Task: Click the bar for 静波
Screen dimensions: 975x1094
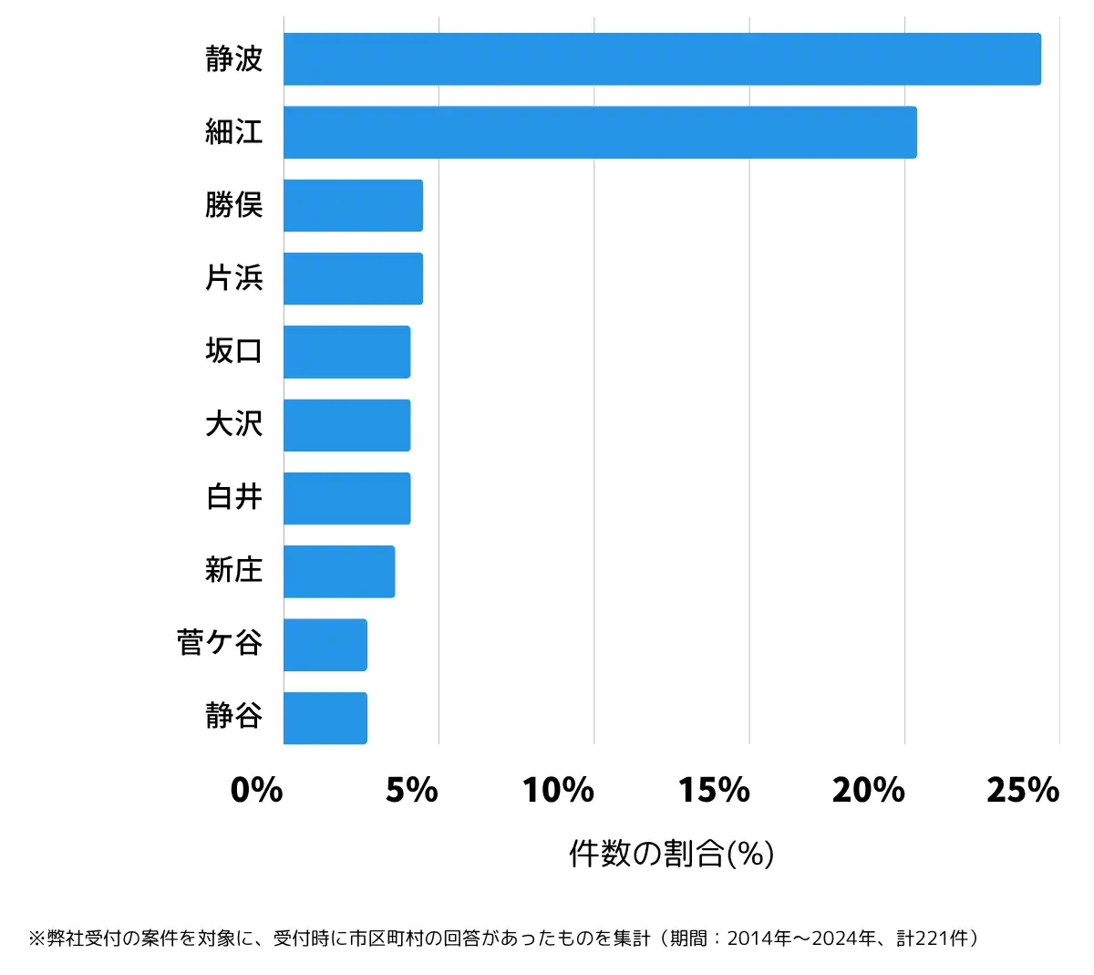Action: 662,59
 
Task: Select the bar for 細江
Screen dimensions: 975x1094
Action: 600,132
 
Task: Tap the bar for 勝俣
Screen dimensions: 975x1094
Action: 353,205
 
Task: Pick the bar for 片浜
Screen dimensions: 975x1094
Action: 353,278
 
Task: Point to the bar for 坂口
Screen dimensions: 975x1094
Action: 346,352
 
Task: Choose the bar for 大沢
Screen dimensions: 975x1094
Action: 346,425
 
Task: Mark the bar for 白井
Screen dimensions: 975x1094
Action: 346,498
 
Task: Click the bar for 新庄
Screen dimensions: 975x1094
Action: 339,572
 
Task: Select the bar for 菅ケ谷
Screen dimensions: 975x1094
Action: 325,645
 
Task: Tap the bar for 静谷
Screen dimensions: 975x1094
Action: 325,718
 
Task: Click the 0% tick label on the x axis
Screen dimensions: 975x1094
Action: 256,790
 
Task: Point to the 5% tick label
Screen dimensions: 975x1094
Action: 411,790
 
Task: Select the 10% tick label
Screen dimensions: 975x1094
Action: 558,790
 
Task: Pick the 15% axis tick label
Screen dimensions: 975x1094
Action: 714,790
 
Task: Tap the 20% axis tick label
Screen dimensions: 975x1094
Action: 869,790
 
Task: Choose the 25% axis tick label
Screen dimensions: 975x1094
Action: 1023,790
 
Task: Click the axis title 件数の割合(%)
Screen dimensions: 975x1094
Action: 672,854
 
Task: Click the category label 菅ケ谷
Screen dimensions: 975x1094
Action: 220,643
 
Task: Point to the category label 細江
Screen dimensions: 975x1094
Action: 234,132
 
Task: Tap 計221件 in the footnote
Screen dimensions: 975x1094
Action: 934,939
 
